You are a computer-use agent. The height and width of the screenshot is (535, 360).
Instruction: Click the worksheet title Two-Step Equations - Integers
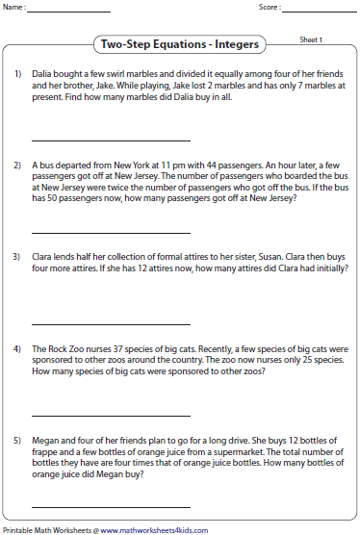179,45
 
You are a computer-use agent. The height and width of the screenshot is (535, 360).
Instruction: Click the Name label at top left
14,8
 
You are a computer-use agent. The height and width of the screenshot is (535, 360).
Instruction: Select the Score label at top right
270,8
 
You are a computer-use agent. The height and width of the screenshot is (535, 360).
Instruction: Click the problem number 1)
17,74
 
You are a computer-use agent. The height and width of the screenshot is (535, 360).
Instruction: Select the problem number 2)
17,166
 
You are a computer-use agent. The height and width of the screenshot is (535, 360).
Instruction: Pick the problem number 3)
17,257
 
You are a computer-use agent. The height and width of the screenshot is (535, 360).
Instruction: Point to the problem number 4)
17,347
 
